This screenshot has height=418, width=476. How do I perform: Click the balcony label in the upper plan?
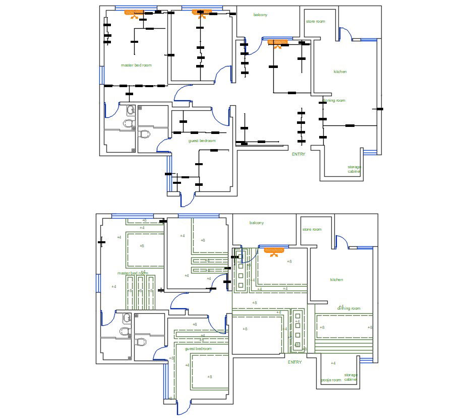click(x=260, y=15)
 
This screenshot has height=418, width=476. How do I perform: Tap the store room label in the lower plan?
click(x=312, y=230)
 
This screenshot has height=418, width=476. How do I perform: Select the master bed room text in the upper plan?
click(x=136, y=65)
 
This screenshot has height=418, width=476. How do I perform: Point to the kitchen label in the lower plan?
click(x=336, y=280)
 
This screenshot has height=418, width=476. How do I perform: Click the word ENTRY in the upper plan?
click(x=299, y=154)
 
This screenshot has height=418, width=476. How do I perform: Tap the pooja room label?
click(x=331, y=380)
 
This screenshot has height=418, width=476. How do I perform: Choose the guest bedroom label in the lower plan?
click(x=198, y=349)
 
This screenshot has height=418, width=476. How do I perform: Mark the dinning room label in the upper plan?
click(x=334, y=101)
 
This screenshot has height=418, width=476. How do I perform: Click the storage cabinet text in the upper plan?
click(x=354, y=169)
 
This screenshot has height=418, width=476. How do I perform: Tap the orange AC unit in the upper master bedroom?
click(x=135, y=13)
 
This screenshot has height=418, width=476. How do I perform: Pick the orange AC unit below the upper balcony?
click(x=277, y=43)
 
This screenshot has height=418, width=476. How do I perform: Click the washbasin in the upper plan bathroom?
click(x=131, y=110)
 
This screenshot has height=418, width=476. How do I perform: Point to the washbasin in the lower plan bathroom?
click(x=127, y=318)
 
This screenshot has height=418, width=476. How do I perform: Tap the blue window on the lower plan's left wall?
click(x=98, y=283)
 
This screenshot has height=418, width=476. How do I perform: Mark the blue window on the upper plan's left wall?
click(x=101, y=75)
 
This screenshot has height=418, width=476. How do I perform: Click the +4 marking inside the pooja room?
click(x=333, y=363)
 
